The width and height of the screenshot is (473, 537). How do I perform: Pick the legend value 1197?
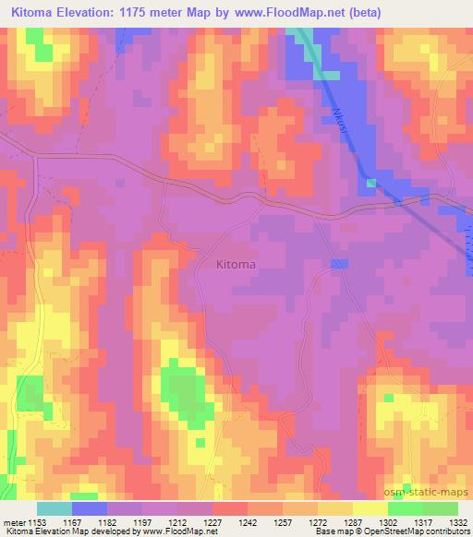coord(142,522)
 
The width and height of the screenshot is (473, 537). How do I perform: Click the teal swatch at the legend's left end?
coord(55,508)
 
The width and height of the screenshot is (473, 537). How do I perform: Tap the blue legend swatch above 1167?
coord(88,508)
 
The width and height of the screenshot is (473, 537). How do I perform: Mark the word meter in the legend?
coord(15,522)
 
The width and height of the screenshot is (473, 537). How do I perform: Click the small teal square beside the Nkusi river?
coord(370,183)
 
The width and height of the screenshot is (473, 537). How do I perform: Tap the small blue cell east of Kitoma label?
coord(339,265)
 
